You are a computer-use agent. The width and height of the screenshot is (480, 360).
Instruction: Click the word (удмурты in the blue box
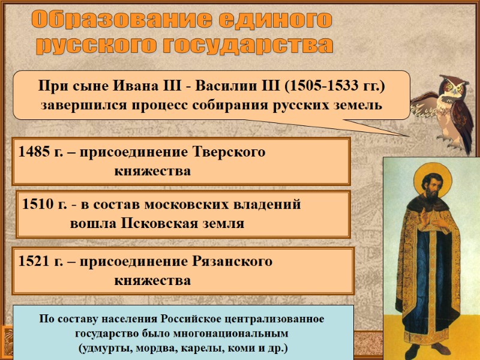pyautogui.click(x=102, y=347)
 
